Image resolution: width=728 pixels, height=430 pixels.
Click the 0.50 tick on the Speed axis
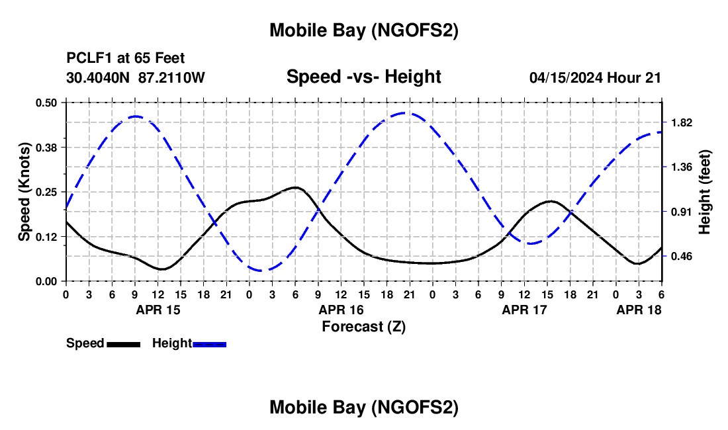[46, 103]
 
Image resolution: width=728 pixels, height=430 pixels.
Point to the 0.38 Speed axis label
[46, 147]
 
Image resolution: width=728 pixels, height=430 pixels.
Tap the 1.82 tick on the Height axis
[681, 122]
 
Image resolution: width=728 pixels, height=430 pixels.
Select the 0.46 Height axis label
[681, 256]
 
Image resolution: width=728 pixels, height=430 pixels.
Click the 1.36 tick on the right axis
[681, 167]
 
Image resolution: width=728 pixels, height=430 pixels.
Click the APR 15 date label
[158, 309]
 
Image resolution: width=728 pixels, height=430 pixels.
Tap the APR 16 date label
[341, 309]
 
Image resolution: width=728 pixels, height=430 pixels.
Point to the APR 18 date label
[639, 309]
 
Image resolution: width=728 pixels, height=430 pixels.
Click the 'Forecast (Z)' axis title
[363, 326]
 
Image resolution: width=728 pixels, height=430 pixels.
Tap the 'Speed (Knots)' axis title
[24, 191]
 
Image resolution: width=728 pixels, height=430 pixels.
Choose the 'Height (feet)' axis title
[704, 191]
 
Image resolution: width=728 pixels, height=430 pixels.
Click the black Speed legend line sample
[124, 344]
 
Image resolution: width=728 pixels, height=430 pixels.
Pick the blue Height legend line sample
[210, 344]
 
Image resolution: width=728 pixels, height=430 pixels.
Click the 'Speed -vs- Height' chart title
[363, 77]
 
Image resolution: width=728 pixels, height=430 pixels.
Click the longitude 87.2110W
[172, 77]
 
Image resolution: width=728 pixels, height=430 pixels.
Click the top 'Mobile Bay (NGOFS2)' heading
[363, 30]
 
